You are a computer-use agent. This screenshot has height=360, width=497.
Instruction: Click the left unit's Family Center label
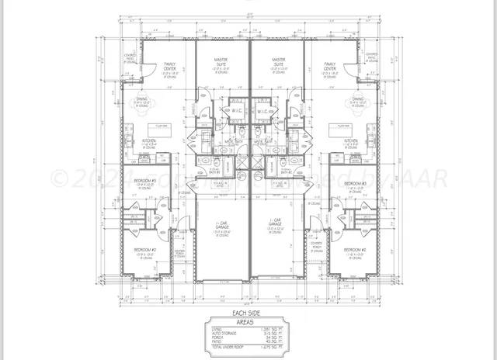point(169,67)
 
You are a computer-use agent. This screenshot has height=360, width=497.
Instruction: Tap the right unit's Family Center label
point(330,67)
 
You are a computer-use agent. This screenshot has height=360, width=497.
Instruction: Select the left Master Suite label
point(221,62)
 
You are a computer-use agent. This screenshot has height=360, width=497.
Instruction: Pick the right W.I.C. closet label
point(262,110)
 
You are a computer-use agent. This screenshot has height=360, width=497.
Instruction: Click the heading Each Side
point(249,313)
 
